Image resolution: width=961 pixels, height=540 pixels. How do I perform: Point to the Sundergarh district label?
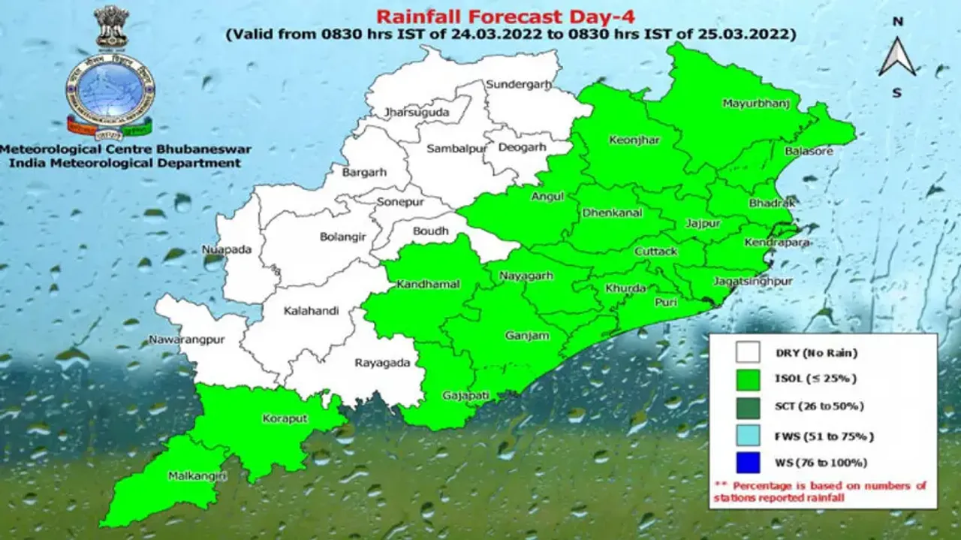tap(518, 85)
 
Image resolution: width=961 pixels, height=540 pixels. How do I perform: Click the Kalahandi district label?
tap(311, 310)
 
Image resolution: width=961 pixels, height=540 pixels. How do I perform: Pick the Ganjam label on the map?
tap(526, 336)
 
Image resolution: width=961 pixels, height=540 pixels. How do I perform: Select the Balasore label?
tap(809, 151)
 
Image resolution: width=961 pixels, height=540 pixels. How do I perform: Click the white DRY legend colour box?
tap(749, 353)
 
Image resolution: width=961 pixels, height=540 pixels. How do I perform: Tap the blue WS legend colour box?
tap(749, 462)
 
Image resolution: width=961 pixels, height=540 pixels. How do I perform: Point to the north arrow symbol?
tap(897, 57)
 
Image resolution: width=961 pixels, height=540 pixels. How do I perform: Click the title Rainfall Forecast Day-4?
tap(511, 17)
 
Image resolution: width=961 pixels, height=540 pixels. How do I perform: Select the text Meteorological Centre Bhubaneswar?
tap(126, 149)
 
